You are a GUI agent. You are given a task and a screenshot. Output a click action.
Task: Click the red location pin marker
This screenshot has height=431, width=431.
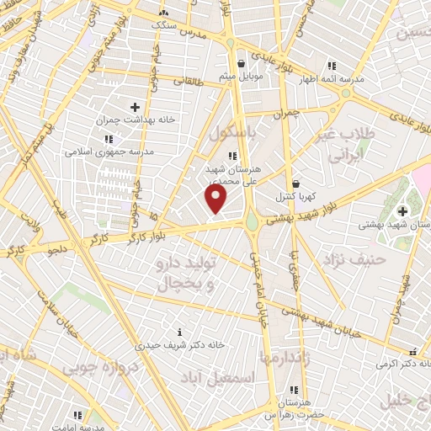[216, 200]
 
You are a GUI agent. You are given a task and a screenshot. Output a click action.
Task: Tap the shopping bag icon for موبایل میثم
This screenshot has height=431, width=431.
[242, 63]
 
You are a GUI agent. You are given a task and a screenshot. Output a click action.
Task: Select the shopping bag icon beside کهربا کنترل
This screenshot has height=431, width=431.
[295, 183]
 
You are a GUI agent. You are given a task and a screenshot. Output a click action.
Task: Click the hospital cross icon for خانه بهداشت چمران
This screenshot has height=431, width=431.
[135, 107]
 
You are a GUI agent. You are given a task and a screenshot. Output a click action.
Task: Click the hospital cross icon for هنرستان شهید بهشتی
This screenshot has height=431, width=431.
[402, 210]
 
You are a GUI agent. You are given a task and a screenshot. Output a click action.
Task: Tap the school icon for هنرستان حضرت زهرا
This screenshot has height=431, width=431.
[293, 390]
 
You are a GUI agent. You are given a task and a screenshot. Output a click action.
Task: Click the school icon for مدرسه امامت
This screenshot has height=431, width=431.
[77, 415]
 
